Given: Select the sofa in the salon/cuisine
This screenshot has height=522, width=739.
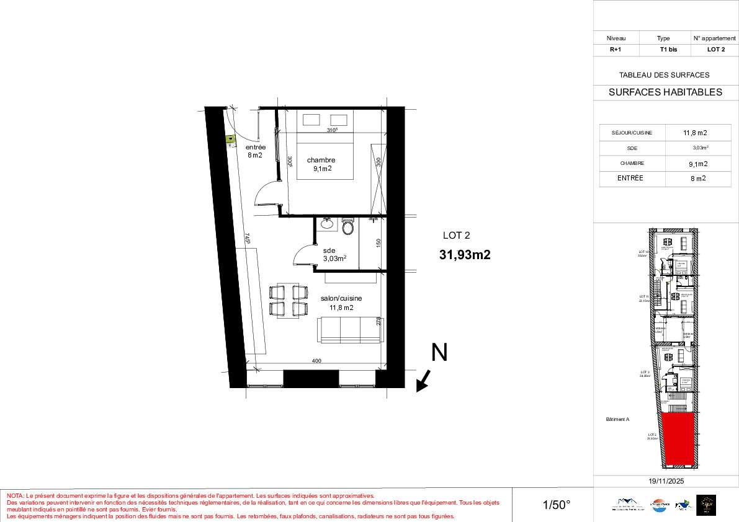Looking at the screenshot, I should tap(350, 330).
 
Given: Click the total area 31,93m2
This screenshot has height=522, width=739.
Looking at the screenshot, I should tap(465, 254).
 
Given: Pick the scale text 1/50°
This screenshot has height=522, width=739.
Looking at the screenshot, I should tap(557, 505).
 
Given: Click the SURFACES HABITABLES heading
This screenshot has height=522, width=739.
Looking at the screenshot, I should tap(665, 92).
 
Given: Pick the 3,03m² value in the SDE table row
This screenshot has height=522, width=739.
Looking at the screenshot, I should tap(701, 148).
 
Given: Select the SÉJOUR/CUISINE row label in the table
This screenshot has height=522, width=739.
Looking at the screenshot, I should tap(631, 133).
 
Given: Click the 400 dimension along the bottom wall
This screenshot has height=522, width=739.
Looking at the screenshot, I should tap(317, 360).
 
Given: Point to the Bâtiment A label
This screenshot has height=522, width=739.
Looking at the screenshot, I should tap(617, 419).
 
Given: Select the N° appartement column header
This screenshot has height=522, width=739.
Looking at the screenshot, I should tap(714, 38).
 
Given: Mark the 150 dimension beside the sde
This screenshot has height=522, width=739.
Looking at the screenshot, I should tap(378, 244).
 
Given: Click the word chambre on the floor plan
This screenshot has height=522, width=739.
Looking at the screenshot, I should tap(321, 160).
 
